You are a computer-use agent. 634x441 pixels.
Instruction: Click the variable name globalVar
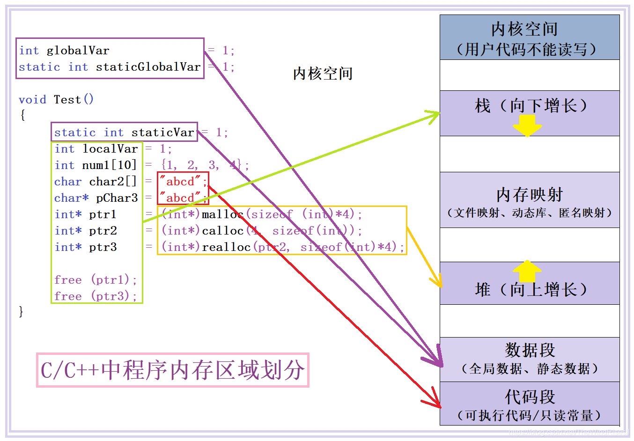coord(78,51)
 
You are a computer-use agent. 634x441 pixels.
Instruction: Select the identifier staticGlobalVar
coord(148,67)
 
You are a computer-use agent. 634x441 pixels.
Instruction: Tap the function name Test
coord(67,100)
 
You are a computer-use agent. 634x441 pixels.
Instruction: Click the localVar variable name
coord(110,149)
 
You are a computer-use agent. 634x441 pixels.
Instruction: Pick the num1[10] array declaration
coord(109,165)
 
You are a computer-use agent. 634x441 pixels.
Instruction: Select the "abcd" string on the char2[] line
coord(180,182)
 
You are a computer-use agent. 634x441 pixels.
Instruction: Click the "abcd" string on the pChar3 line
coord(180,198)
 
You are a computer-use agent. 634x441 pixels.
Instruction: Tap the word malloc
coord(222,214)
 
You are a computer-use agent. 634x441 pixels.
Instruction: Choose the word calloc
coord(222,231)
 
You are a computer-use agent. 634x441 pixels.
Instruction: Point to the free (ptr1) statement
coord(96,280)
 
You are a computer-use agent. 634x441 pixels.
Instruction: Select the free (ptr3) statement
coord(96,296)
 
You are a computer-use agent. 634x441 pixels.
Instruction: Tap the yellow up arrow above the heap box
coord(527,271)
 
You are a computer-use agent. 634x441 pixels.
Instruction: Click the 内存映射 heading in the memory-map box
coord(530,195)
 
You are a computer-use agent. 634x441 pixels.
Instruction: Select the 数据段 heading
coord(530,350)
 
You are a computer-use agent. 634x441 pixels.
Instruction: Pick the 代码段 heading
coord(530,397)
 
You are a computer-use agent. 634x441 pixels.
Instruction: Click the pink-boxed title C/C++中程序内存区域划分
coord(173,370)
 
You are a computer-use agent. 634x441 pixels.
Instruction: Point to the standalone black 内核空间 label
coord(323,73)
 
